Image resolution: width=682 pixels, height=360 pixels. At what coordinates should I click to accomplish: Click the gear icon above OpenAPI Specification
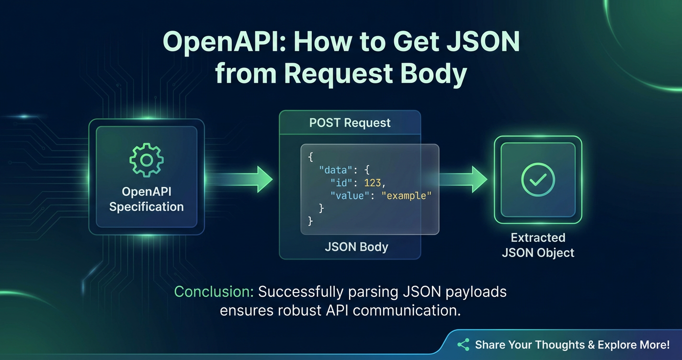coord(147,160)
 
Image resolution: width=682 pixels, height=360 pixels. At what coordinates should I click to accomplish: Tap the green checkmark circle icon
coord(538,180)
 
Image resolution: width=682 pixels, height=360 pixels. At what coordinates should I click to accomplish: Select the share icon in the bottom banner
coord(463,345)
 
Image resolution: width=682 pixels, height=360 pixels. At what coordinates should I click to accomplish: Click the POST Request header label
coord(350,123)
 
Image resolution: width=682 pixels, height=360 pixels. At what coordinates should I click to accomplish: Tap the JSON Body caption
coord(356,247)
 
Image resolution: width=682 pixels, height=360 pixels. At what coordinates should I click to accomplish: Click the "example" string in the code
coord(406,195)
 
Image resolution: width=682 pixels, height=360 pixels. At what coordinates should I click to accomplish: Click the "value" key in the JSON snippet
coord(349,195)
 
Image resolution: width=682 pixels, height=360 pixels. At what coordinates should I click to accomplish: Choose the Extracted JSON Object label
coord(538,245)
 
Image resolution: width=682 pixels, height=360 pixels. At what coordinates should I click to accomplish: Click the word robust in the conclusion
coord(300,310)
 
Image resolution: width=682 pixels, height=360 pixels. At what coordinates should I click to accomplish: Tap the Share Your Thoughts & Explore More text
coord(572,345)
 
